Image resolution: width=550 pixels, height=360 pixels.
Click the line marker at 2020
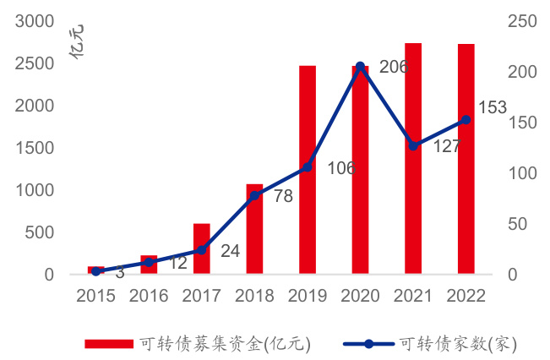tap(360, 66)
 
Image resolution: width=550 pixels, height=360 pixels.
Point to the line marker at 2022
tap(466, 120)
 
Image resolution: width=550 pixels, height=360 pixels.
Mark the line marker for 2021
tap(413, 146)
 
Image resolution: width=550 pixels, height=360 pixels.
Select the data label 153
tap(492, 107)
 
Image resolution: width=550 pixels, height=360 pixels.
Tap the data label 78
tap(283, 197)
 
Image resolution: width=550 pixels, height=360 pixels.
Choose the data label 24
tap(231, 251)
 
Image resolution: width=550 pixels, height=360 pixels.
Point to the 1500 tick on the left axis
tap(35, 148)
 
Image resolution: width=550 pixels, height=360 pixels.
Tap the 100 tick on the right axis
tap(520, 173)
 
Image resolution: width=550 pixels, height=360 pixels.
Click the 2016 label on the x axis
tap(149, 296)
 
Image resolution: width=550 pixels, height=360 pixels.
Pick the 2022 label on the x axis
tap(466, 296)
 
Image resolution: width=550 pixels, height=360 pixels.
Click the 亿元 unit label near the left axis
tap(78, 42)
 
